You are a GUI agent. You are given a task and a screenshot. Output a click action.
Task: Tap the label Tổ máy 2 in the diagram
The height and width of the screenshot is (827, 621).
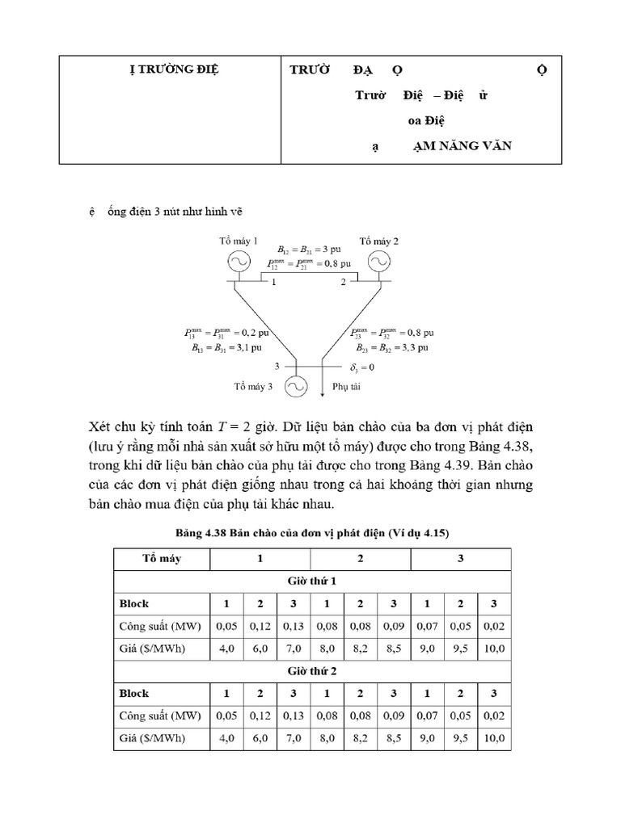click(x=378, y=241)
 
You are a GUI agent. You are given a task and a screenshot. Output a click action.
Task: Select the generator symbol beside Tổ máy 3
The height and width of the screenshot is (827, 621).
click(x=294, y=386)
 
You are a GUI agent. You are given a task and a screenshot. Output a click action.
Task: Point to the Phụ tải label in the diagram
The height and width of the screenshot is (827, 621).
click(x=345, y=387)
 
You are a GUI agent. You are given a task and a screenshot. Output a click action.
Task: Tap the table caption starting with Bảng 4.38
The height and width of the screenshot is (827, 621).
click(x=312, y=533)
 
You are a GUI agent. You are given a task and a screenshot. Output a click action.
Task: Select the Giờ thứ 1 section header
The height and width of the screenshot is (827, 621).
click(x=312, y=581)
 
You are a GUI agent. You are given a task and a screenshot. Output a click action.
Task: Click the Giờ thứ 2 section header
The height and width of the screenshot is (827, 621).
click(x=312, y=671)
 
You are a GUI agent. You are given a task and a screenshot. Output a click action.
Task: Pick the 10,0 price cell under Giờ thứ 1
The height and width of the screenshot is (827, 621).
click(x=494, y=649)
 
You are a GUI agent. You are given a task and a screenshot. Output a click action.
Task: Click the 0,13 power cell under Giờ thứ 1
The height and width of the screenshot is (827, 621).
click(x=293, y=626)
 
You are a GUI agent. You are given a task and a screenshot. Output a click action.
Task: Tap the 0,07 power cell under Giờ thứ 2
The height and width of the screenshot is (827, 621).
click(x=427, y=716)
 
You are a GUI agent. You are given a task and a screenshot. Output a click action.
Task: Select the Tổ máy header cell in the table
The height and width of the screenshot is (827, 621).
click(x=161, y=559)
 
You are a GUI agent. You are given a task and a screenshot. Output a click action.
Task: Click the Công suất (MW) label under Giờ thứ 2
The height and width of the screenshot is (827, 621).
click(x=161, y=716)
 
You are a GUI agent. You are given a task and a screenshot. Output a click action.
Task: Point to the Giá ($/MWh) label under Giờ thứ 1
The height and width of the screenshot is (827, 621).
click(x=152, y=649)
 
